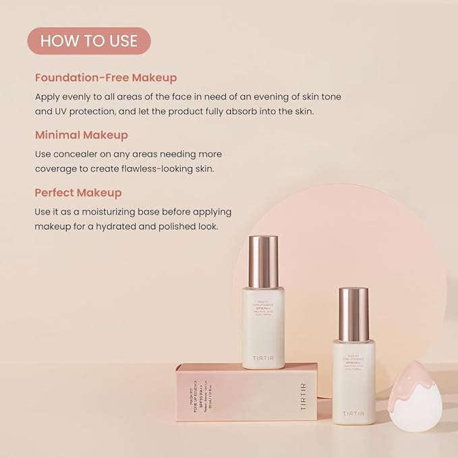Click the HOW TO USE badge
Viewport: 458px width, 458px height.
coord(89,40)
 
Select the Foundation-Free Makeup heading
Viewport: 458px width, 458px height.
coord(106,78)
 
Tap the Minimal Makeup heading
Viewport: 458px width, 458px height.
coord(82,135)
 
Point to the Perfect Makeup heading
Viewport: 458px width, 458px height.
coord(78,193)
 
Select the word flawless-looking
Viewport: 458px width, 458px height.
coord(159,169)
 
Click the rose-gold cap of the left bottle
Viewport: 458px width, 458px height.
coord(263,260)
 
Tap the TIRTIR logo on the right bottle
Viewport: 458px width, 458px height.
coord(353,412)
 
